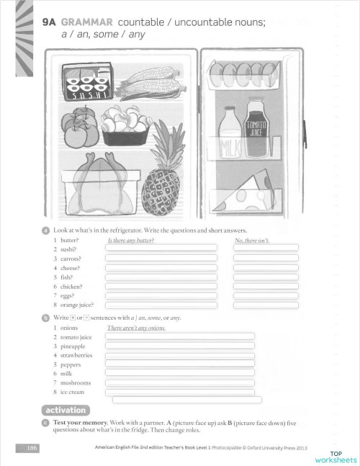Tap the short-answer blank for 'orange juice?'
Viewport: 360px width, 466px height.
(x=266, y=305)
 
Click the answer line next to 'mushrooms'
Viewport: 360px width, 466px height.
(x=180, y=382)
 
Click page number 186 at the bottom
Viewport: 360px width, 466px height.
(x=32, y=448)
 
